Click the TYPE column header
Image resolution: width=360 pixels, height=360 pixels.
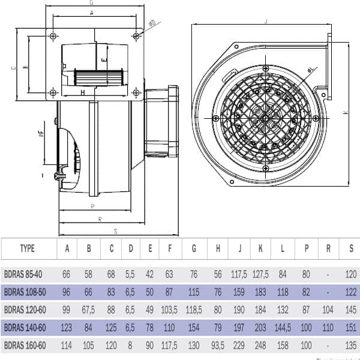pyautogui.click(x=28, y=248)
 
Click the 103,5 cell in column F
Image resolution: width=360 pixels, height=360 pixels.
pyautogui.click(x=170, y=310)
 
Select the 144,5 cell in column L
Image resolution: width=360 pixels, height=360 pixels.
pyautogui.click(x=283, y=328)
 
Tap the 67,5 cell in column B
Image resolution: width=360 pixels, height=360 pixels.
pyautogui.click(x=88, y=310)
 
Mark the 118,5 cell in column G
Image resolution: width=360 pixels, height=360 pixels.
pyautogui.click(x=194, y=310)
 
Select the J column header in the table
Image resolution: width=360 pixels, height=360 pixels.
pyautogui.click(x=239, y=248)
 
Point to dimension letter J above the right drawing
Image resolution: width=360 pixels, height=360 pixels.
pyautogui.click(x=265, y=22)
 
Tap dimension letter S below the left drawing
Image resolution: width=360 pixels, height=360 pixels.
pyautogui.click(x=115, y=230)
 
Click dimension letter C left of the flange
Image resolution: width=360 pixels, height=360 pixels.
pyautogui.click(x=13, y=67)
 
